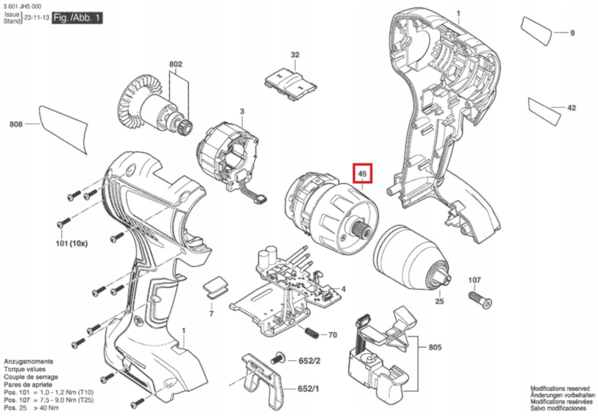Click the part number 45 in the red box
362,174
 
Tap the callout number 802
176,64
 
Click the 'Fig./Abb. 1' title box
78,18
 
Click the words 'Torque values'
25,370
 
